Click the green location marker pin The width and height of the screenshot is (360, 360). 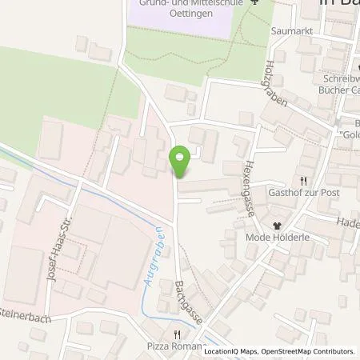181,162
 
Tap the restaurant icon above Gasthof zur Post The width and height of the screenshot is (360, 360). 303,181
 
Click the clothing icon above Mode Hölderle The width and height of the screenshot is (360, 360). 278,225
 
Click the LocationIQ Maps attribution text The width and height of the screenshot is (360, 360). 228,352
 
